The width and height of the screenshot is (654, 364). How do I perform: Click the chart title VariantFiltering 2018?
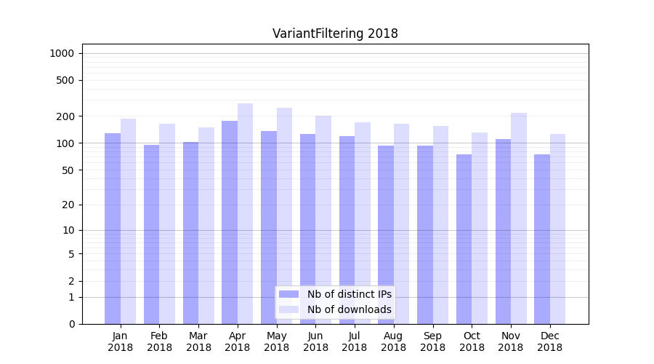pyautogui.click(x=335, y=33)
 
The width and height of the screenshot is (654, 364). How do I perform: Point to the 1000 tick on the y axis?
pyautogui.click(x=62, y=53)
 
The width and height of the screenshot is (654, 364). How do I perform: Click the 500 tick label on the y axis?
pyautogui.click(x=65, y=80)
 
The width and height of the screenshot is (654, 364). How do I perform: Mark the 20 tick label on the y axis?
pyautogui.click(x=68, y=205)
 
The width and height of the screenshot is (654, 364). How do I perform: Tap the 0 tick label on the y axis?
pyautogui.click(x=71, y=324)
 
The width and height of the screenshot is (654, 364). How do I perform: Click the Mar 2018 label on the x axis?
pyautogui.click(x=198, y=341)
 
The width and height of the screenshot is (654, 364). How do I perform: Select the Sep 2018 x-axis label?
pyautogui.click(x=432, y=341)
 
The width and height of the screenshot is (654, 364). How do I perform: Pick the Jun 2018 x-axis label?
pyautogui.click(x=315, y=341)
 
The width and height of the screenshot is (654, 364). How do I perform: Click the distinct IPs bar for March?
pyautogui.click(x=191, y=233)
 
